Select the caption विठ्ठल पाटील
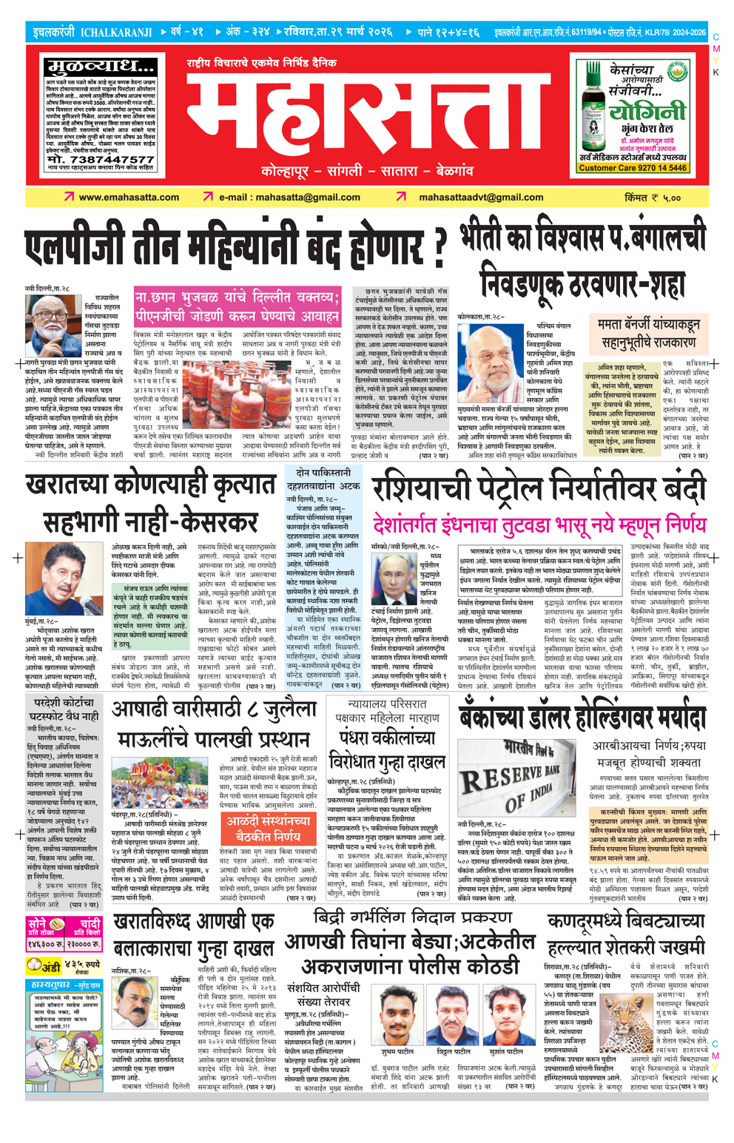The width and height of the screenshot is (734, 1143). tap(453, 1051)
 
